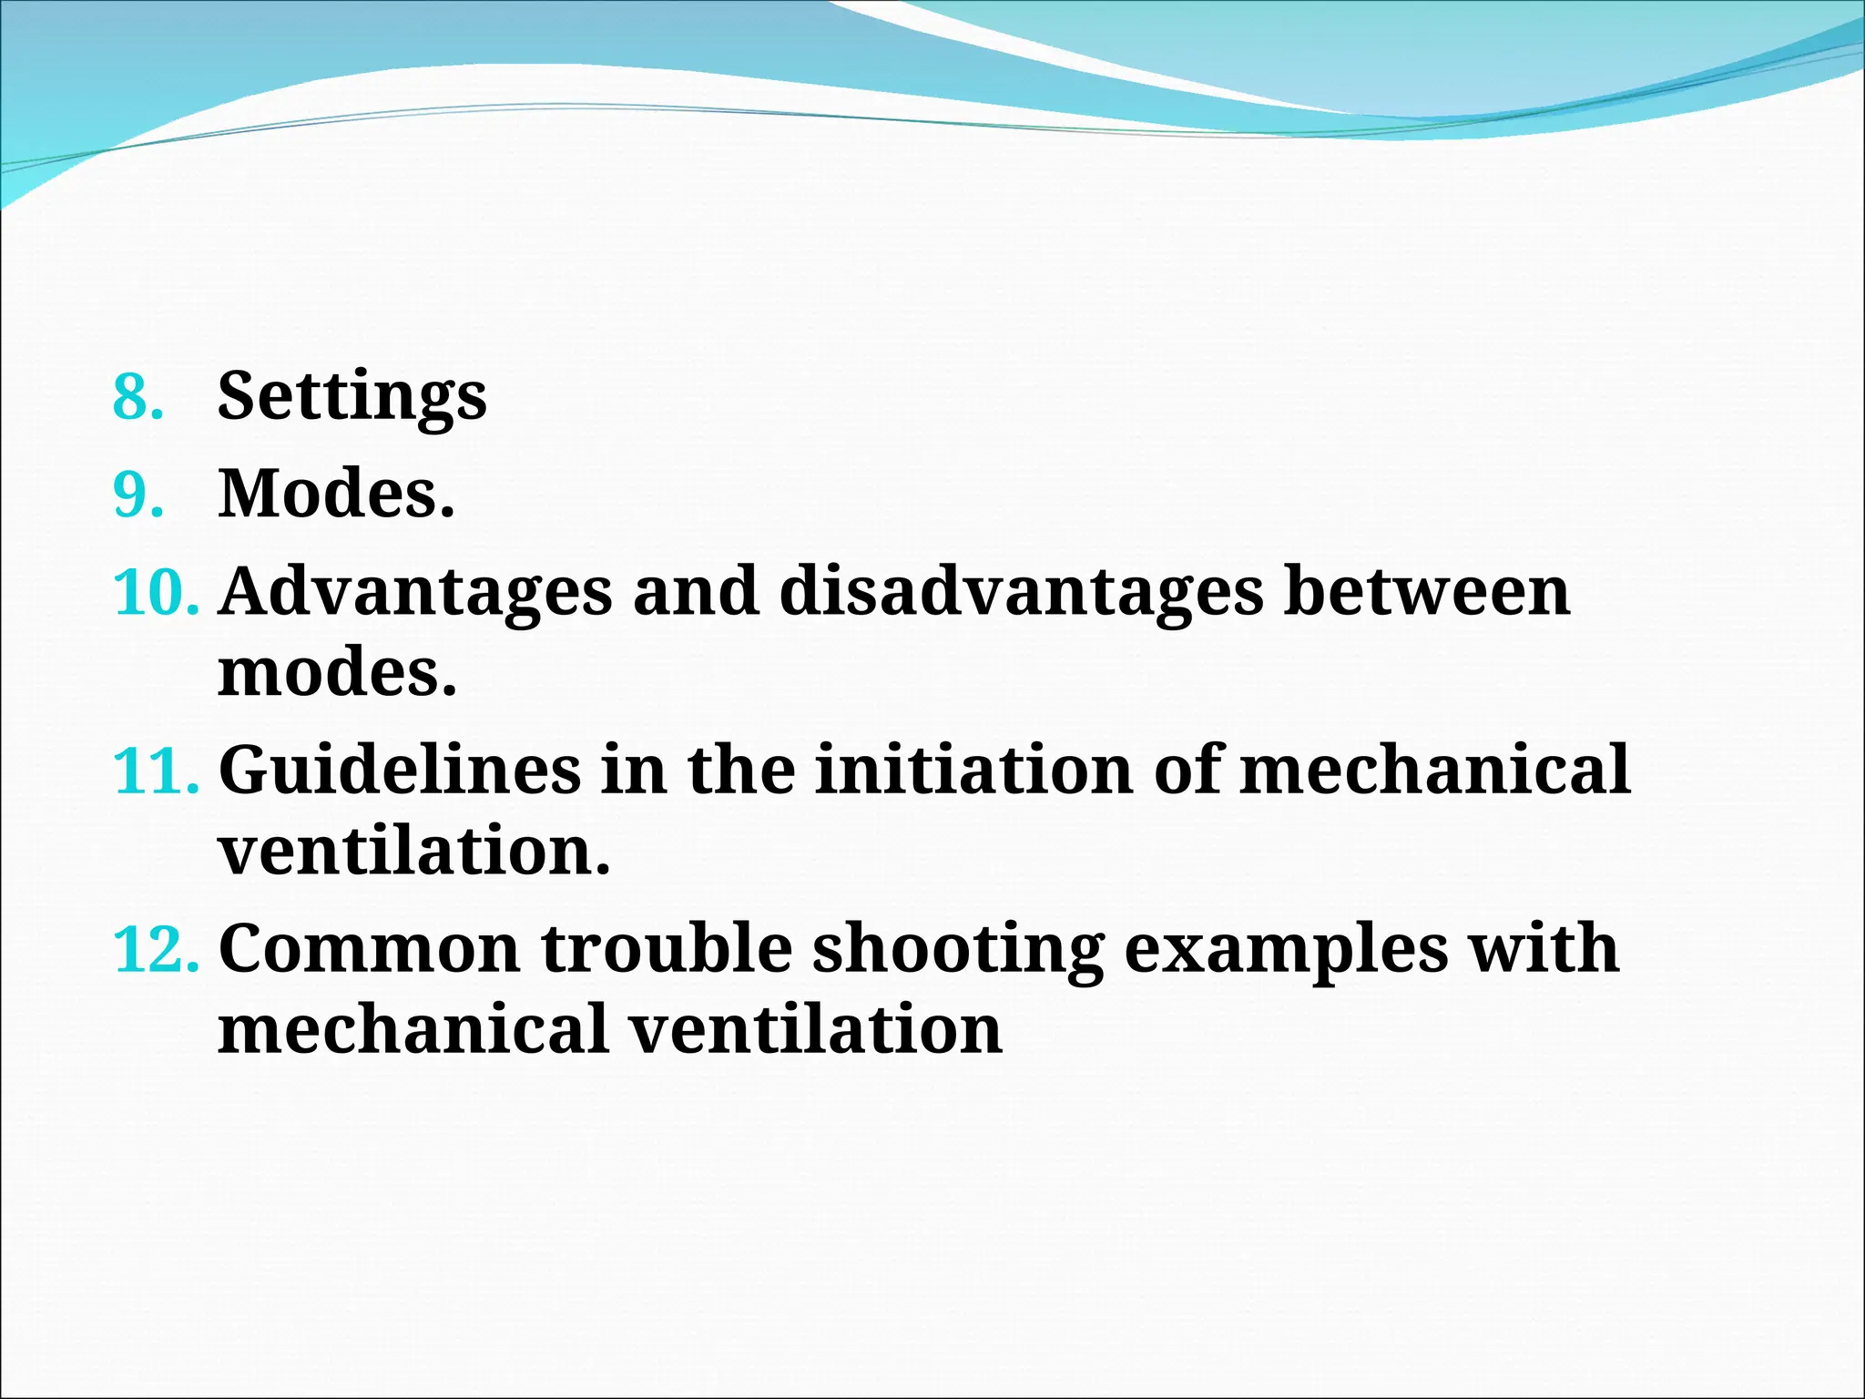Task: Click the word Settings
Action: tap(352, 397)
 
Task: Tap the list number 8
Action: tap(138, 397)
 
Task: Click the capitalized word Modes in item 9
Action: tap(335, 495)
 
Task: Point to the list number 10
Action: tap(156, 592)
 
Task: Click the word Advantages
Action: tap(415, 592)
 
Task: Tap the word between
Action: tap(1426, 592)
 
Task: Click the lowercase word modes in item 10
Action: tap(336, 673)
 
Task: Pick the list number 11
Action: tap(156, 771)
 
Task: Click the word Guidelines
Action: tap(400, 771)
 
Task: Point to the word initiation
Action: tap(973, 771)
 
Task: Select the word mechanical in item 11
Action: tap(1434, 771)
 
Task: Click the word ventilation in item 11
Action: tap(413, 852)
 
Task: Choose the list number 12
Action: tap(156, 949)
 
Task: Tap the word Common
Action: tap(369, 949)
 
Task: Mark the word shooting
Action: tap(957, 949)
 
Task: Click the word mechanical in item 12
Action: tap(413, 1030)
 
